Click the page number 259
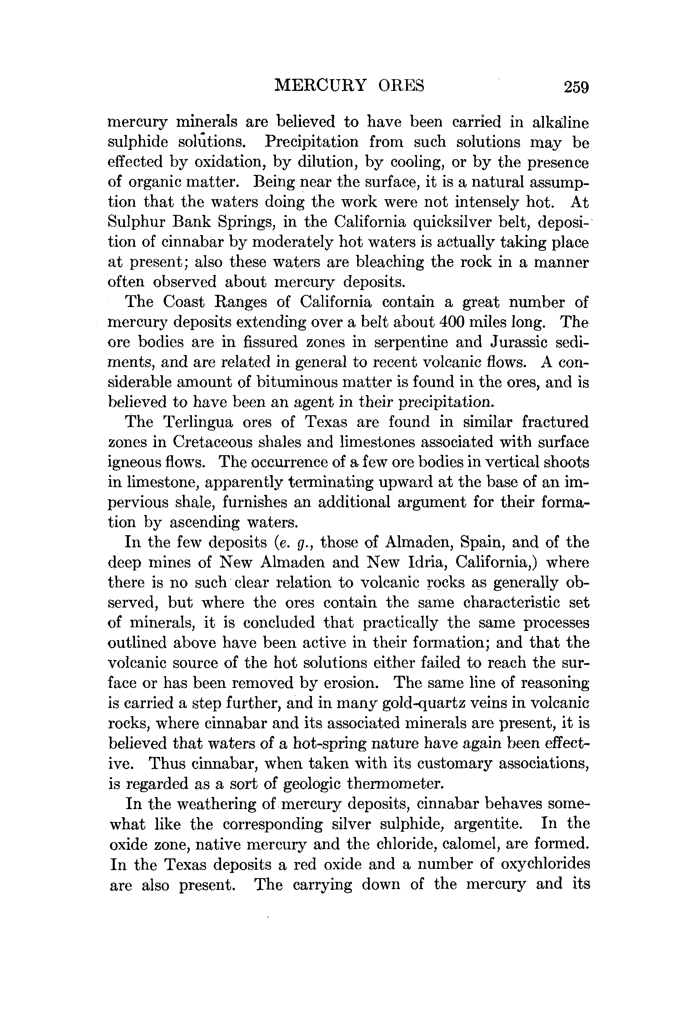pos(576,87)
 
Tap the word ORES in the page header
pos(401,85)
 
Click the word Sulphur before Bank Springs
pos(136,222)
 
